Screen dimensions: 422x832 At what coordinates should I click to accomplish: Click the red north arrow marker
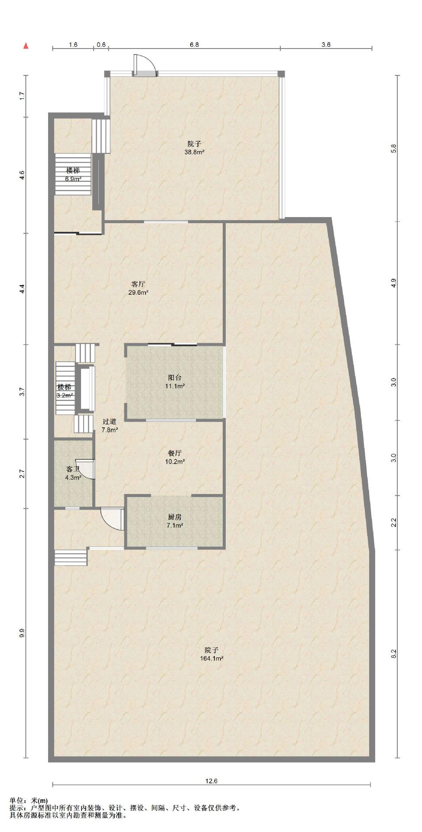click(26, 46)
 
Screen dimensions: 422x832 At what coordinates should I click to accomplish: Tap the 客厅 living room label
click(138, 284)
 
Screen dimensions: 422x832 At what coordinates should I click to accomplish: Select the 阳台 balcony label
click(175, 377)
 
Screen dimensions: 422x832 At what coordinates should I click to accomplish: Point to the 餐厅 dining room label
click(175, 453)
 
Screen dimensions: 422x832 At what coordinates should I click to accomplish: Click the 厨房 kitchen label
click(175, 517)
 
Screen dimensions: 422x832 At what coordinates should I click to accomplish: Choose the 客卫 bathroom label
click(73, 469)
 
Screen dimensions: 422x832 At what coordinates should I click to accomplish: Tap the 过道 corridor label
click(110, 422)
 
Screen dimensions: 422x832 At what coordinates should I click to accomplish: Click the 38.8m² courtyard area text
click(195, 152)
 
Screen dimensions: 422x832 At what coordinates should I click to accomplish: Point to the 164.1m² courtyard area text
click(211, 658)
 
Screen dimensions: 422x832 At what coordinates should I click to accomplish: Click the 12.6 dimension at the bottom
click(211, 781)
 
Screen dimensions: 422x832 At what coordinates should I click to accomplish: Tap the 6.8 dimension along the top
click(195, 45)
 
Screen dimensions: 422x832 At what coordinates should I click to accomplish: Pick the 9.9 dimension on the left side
click(22, 633)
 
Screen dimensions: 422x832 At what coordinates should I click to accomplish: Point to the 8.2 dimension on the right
click(394, 654)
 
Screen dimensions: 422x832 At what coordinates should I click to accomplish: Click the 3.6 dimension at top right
click(326, 45)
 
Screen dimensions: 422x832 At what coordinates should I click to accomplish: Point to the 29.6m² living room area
click(139, 292)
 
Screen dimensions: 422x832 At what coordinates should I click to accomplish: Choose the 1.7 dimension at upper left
click(22, 95)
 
